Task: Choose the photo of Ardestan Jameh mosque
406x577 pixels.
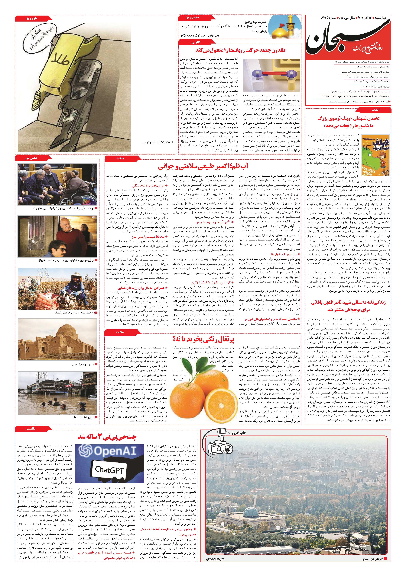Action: coord(57,339)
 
